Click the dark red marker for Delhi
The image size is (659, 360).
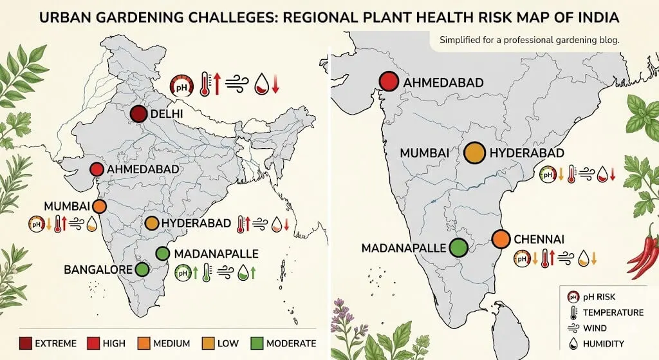tap(139, 115)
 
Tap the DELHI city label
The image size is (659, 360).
tap(167, 115)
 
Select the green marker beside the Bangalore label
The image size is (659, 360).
tap(142, 269)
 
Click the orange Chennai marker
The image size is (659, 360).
tap(501, 240)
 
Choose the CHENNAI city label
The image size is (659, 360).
tap(539, 240)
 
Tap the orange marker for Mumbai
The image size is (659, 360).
tap(99, 207)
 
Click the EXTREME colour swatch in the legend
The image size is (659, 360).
tap(26, 343)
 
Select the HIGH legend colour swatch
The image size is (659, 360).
tap(93, 343)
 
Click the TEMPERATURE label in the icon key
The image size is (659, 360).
tap(613, 312)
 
